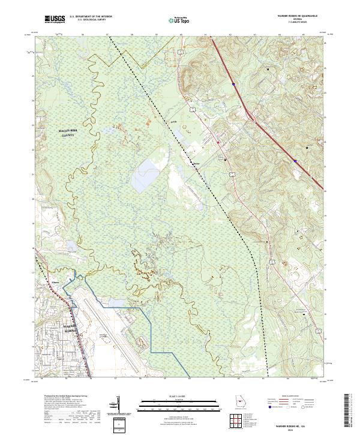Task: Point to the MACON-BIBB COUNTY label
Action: [x=70, y=134]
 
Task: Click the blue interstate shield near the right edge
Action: [x=295, y=160]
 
